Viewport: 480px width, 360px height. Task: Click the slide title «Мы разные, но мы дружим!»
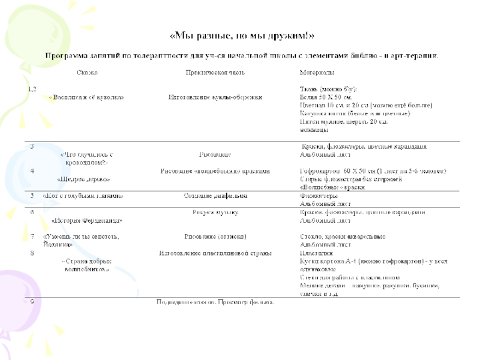(242, 35)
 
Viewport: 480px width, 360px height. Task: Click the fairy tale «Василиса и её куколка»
(87, 97)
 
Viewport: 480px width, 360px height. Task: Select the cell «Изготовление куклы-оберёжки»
(215, 97)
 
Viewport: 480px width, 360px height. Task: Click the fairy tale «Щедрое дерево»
(84, 179)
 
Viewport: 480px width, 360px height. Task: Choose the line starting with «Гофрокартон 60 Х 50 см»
(373, 171)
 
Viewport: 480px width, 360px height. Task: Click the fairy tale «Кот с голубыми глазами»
(83, 196)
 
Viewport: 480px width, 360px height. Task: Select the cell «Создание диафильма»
(215, 196)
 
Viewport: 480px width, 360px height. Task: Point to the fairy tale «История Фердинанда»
(88, 220)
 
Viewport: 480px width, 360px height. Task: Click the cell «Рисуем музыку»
(215, 212)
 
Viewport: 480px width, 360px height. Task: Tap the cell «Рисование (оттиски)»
(215, 236)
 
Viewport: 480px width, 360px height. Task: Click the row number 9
(31, 301)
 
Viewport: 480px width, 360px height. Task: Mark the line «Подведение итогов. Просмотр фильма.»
(215, 302)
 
